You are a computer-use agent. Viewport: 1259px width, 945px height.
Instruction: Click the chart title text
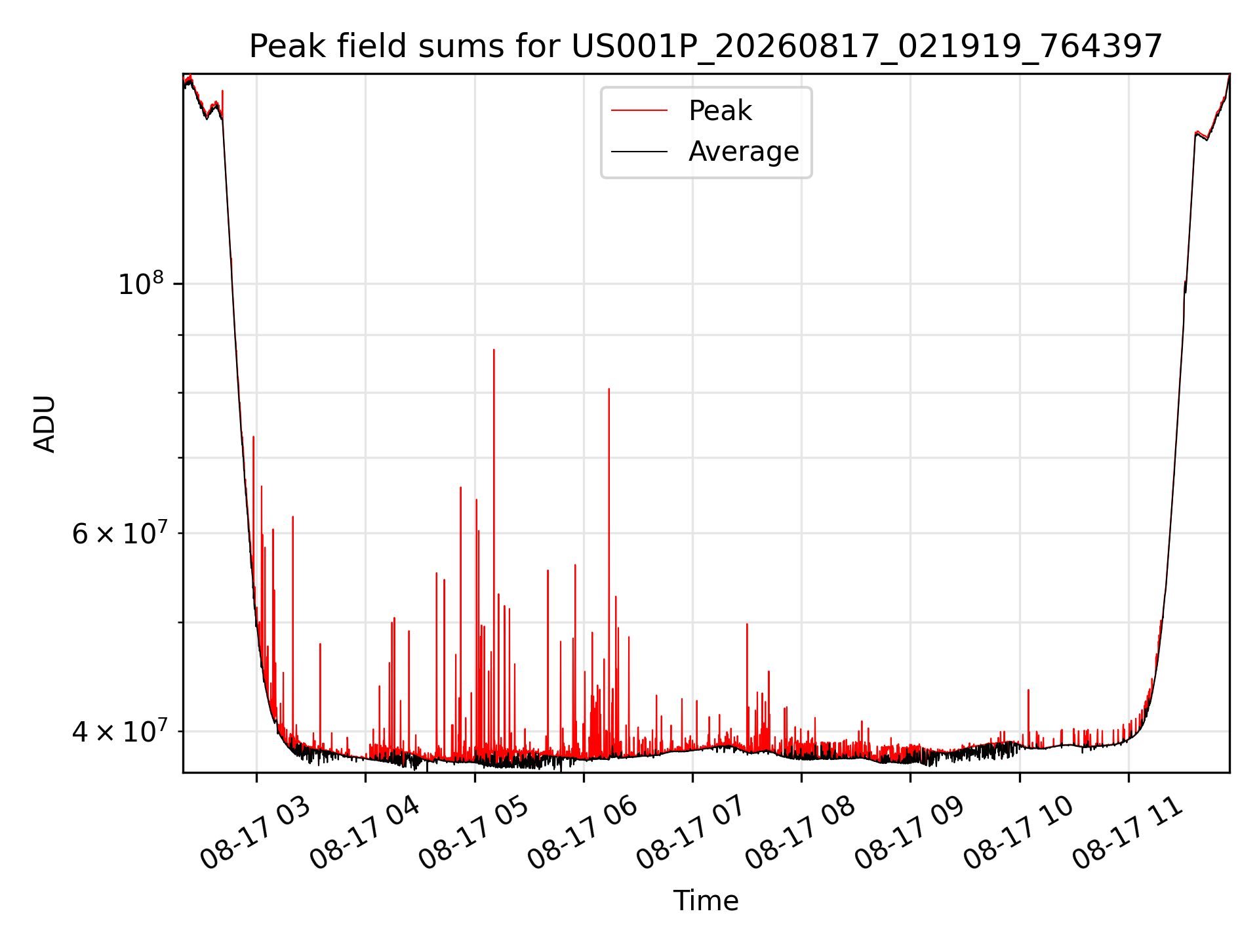click(x=706, y=47)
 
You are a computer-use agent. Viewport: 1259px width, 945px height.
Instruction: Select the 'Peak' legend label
click(x=720, y=111)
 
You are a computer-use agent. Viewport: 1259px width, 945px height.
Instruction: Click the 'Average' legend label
click(x=744, y=152)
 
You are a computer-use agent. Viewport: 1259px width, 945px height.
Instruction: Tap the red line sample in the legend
click(x=639, y=111)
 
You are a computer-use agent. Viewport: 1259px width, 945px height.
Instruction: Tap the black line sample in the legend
click(x=639, y=152)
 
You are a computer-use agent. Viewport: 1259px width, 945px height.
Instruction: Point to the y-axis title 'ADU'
click(x=45, y=424)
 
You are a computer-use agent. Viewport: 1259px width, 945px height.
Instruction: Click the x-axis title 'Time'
click(x=706, y=901)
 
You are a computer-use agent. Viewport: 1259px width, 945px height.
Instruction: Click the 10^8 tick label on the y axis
click(x=140, y=283)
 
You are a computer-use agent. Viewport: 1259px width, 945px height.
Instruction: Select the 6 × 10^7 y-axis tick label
click(x=118, y=533)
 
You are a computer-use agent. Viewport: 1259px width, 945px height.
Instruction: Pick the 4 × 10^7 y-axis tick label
click(x=118, y=730)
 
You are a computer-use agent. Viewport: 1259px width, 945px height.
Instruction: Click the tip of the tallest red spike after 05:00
click(x=494, y=349)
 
